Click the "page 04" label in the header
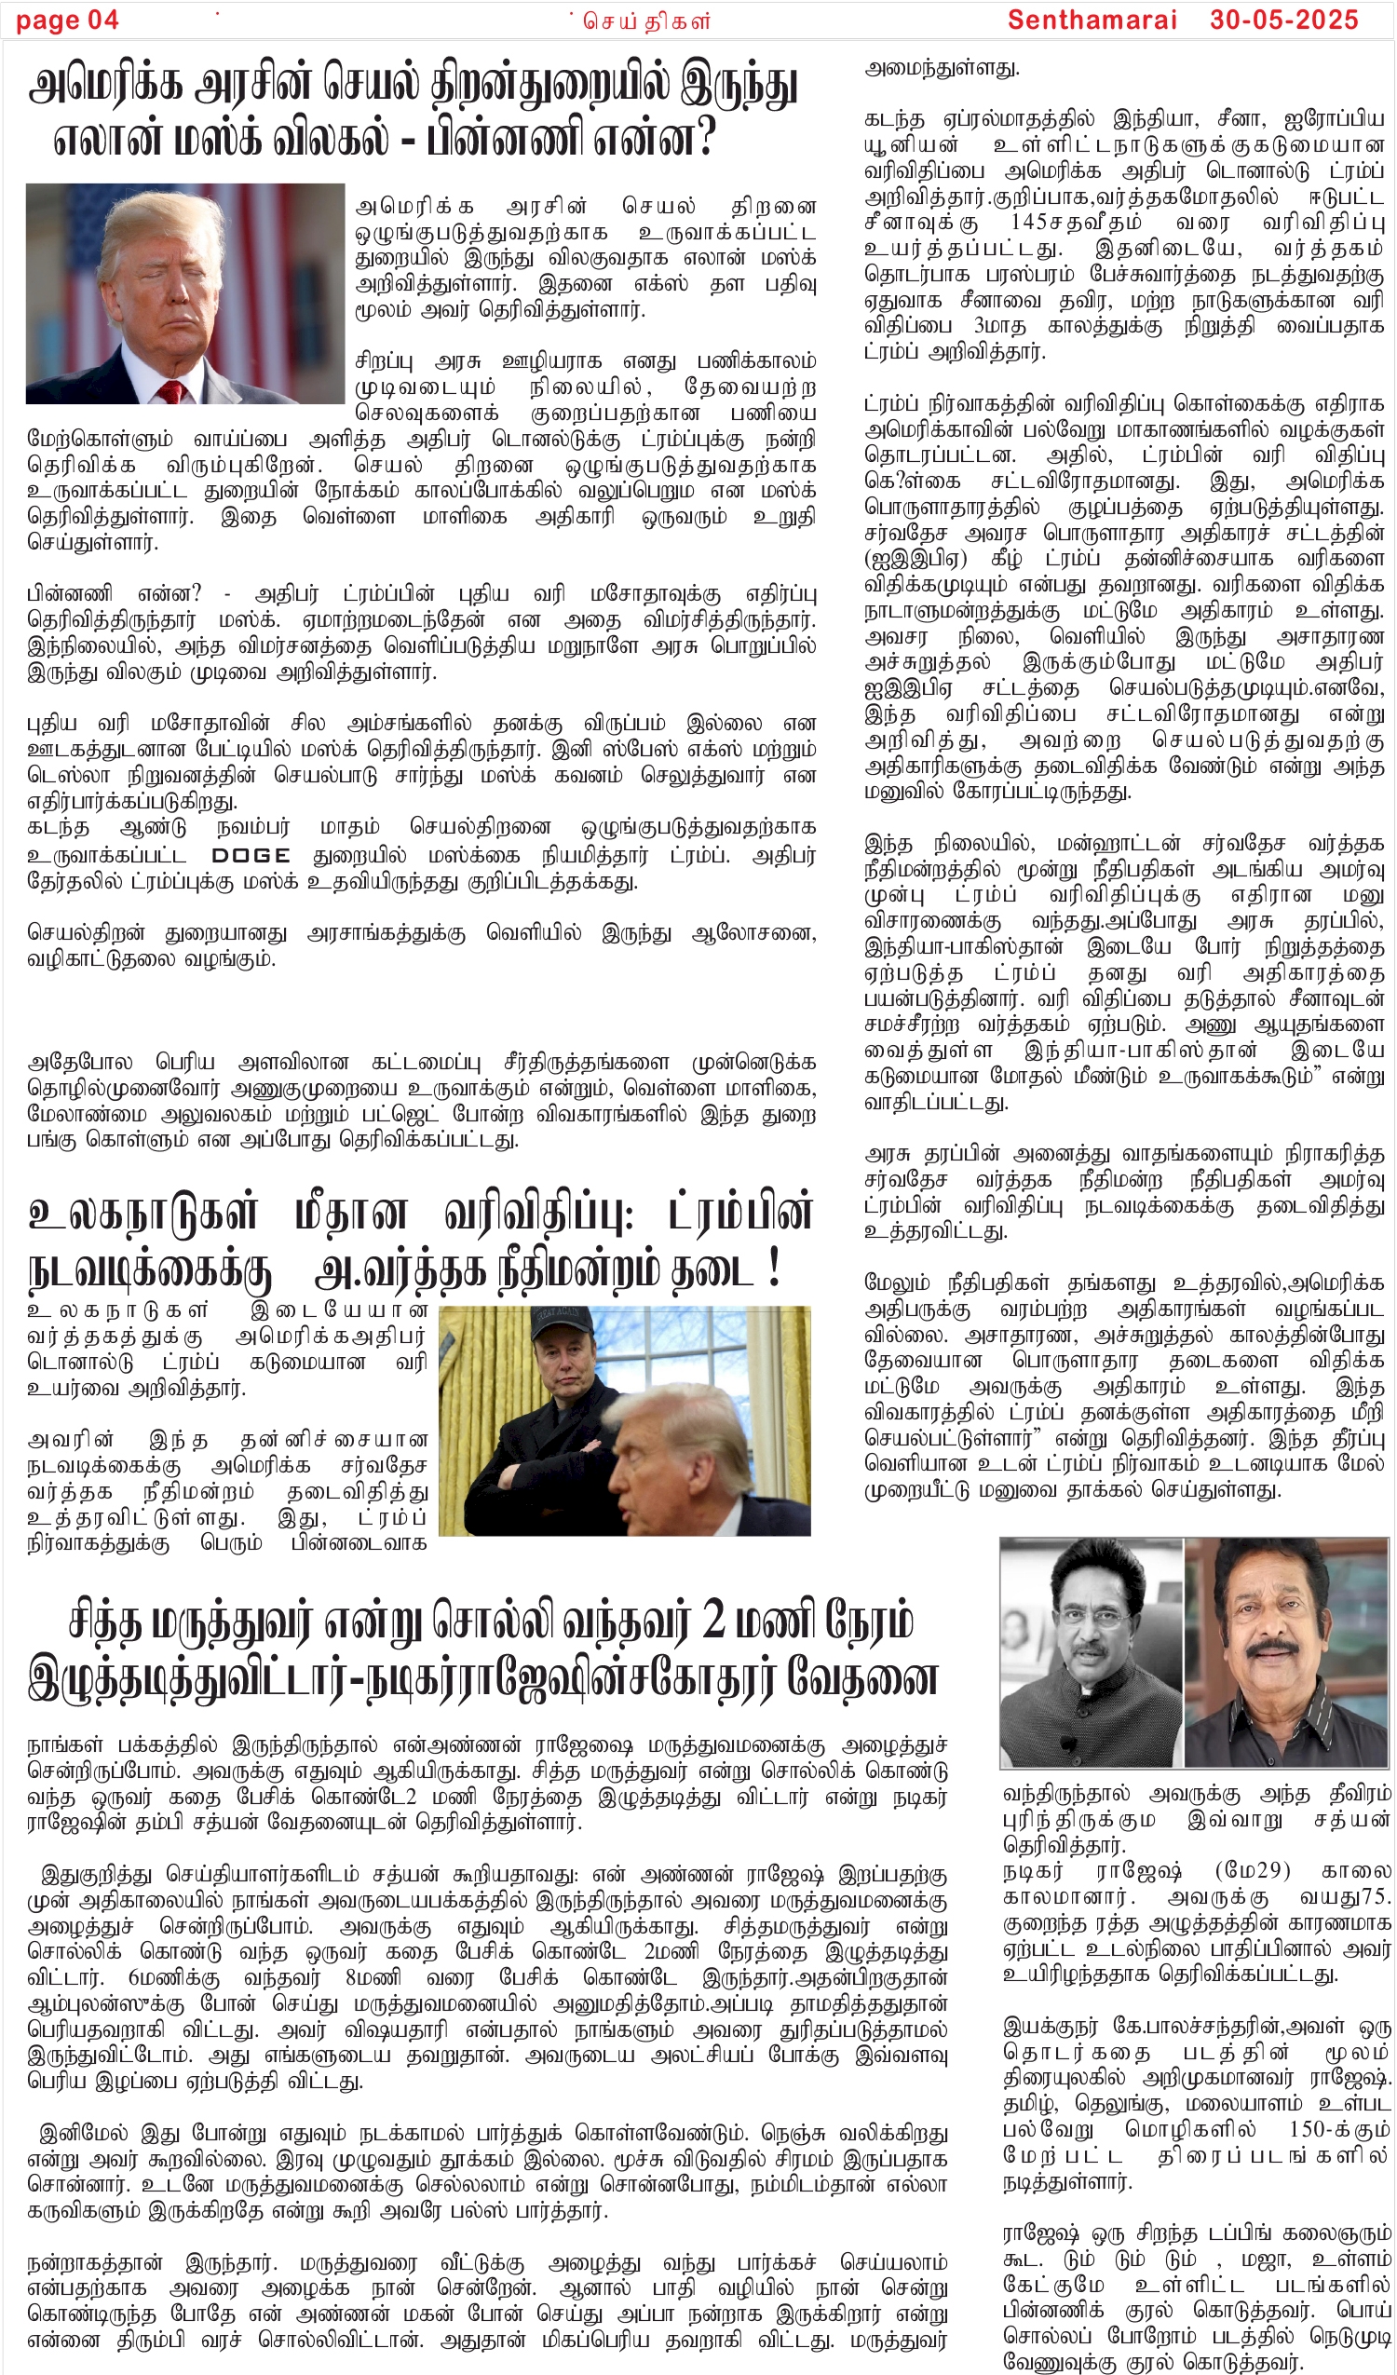(67, 20)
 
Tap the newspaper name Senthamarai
(1092, 20)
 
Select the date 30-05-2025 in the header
(1283, 20)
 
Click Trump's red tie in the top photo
(170, 390)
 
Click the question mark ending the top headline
(703, 138)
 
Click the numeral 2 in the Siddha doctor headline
(713, 1620)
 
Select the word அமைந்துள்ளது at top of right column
(942, 68)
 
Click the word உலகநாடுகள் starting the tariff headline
(142, 1213)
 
